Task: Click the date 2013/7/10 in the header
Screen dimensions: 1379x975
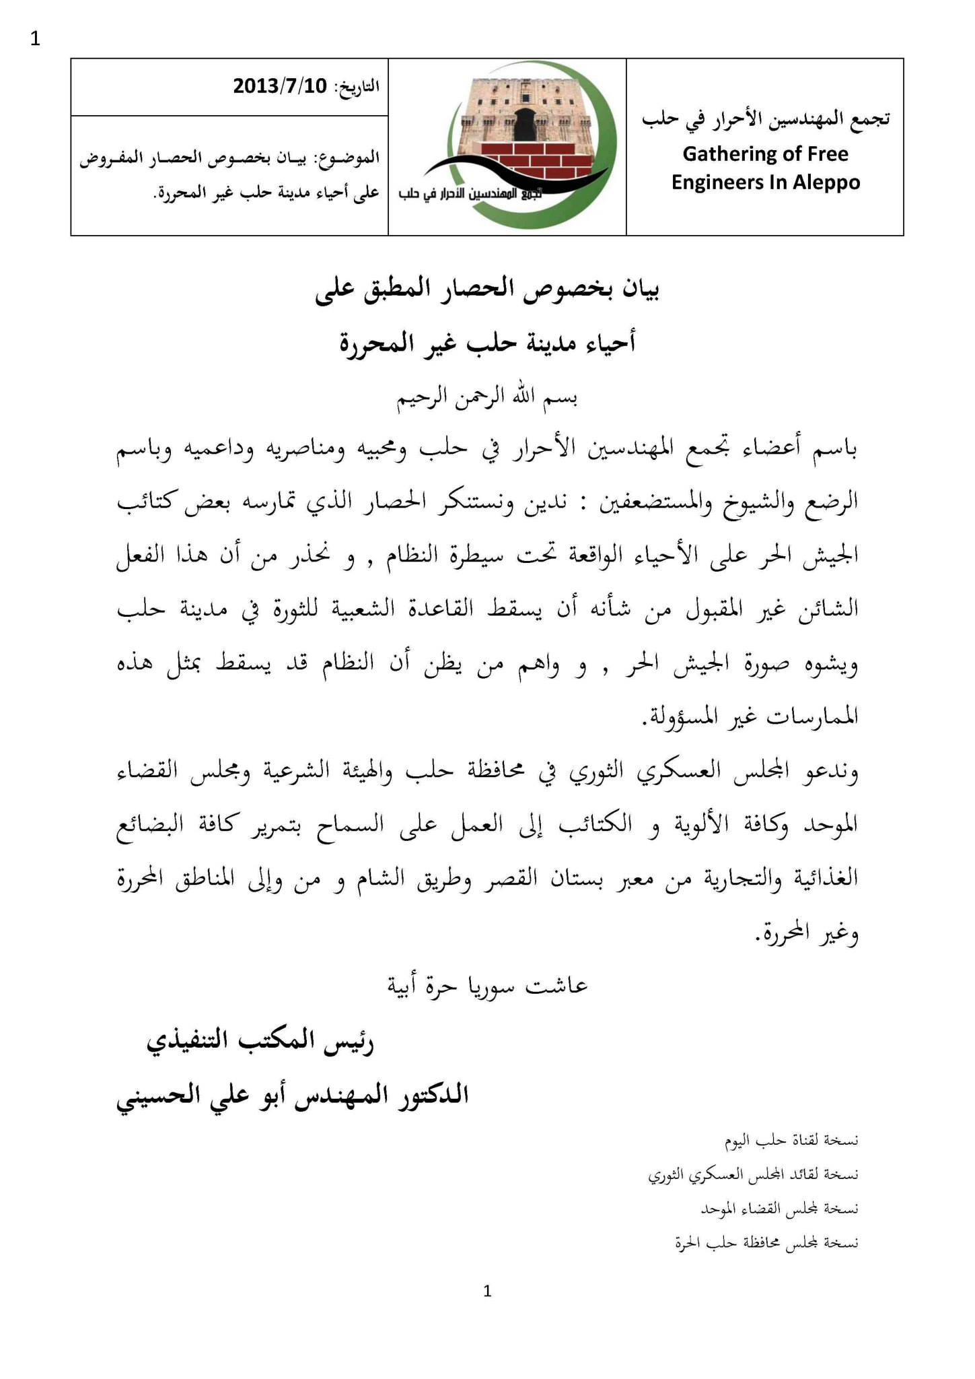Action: (x=279, y=86)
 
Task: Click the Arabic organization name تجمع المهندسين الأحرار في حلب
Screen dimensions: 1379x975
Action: (x=765, y=119)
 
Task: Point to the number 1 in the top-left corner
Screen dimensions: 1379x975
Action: (x=35, y=39)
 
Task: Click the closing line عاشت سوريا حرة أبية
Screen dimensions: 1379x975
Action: (x=487, y=986)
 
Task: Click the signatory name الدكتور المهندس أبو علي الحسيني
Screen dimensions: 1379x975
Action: (x=292, y=1096)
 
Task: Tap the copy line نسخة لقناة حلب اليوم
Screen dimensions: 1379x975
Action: (x=791, y=1141)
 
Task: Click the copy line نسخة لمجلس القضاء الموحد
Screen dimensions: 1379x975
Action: (x=779, y=1209)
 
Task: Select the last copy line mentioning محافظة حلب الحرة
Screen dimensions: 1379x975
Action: (x=766, y=1243)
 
